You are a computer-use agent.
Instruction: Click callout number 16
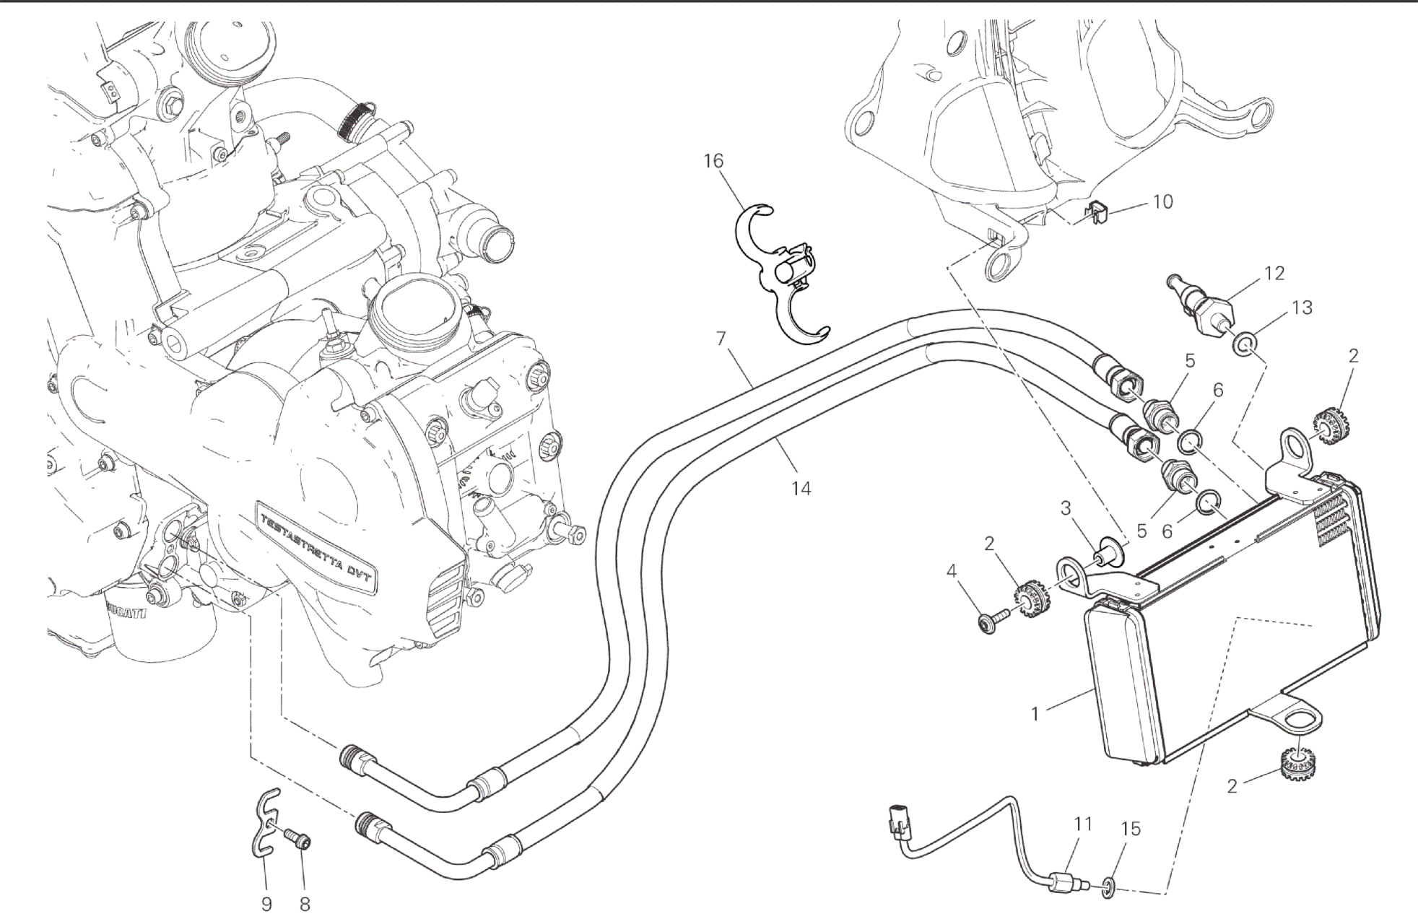713,161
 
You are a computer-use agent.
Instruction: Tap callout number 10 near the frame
1162,201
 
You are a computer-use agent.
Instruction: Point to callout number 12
1274,274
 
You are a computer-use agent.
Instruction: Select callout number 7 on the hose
721,338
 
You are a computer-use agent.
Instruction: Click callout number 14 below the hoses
801,489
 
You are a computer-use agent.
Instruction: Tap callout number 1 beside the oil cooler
1035,714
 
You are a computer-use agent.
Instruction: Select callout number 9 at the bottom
266,904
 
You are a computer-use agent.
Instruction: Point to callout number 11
1082,824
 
